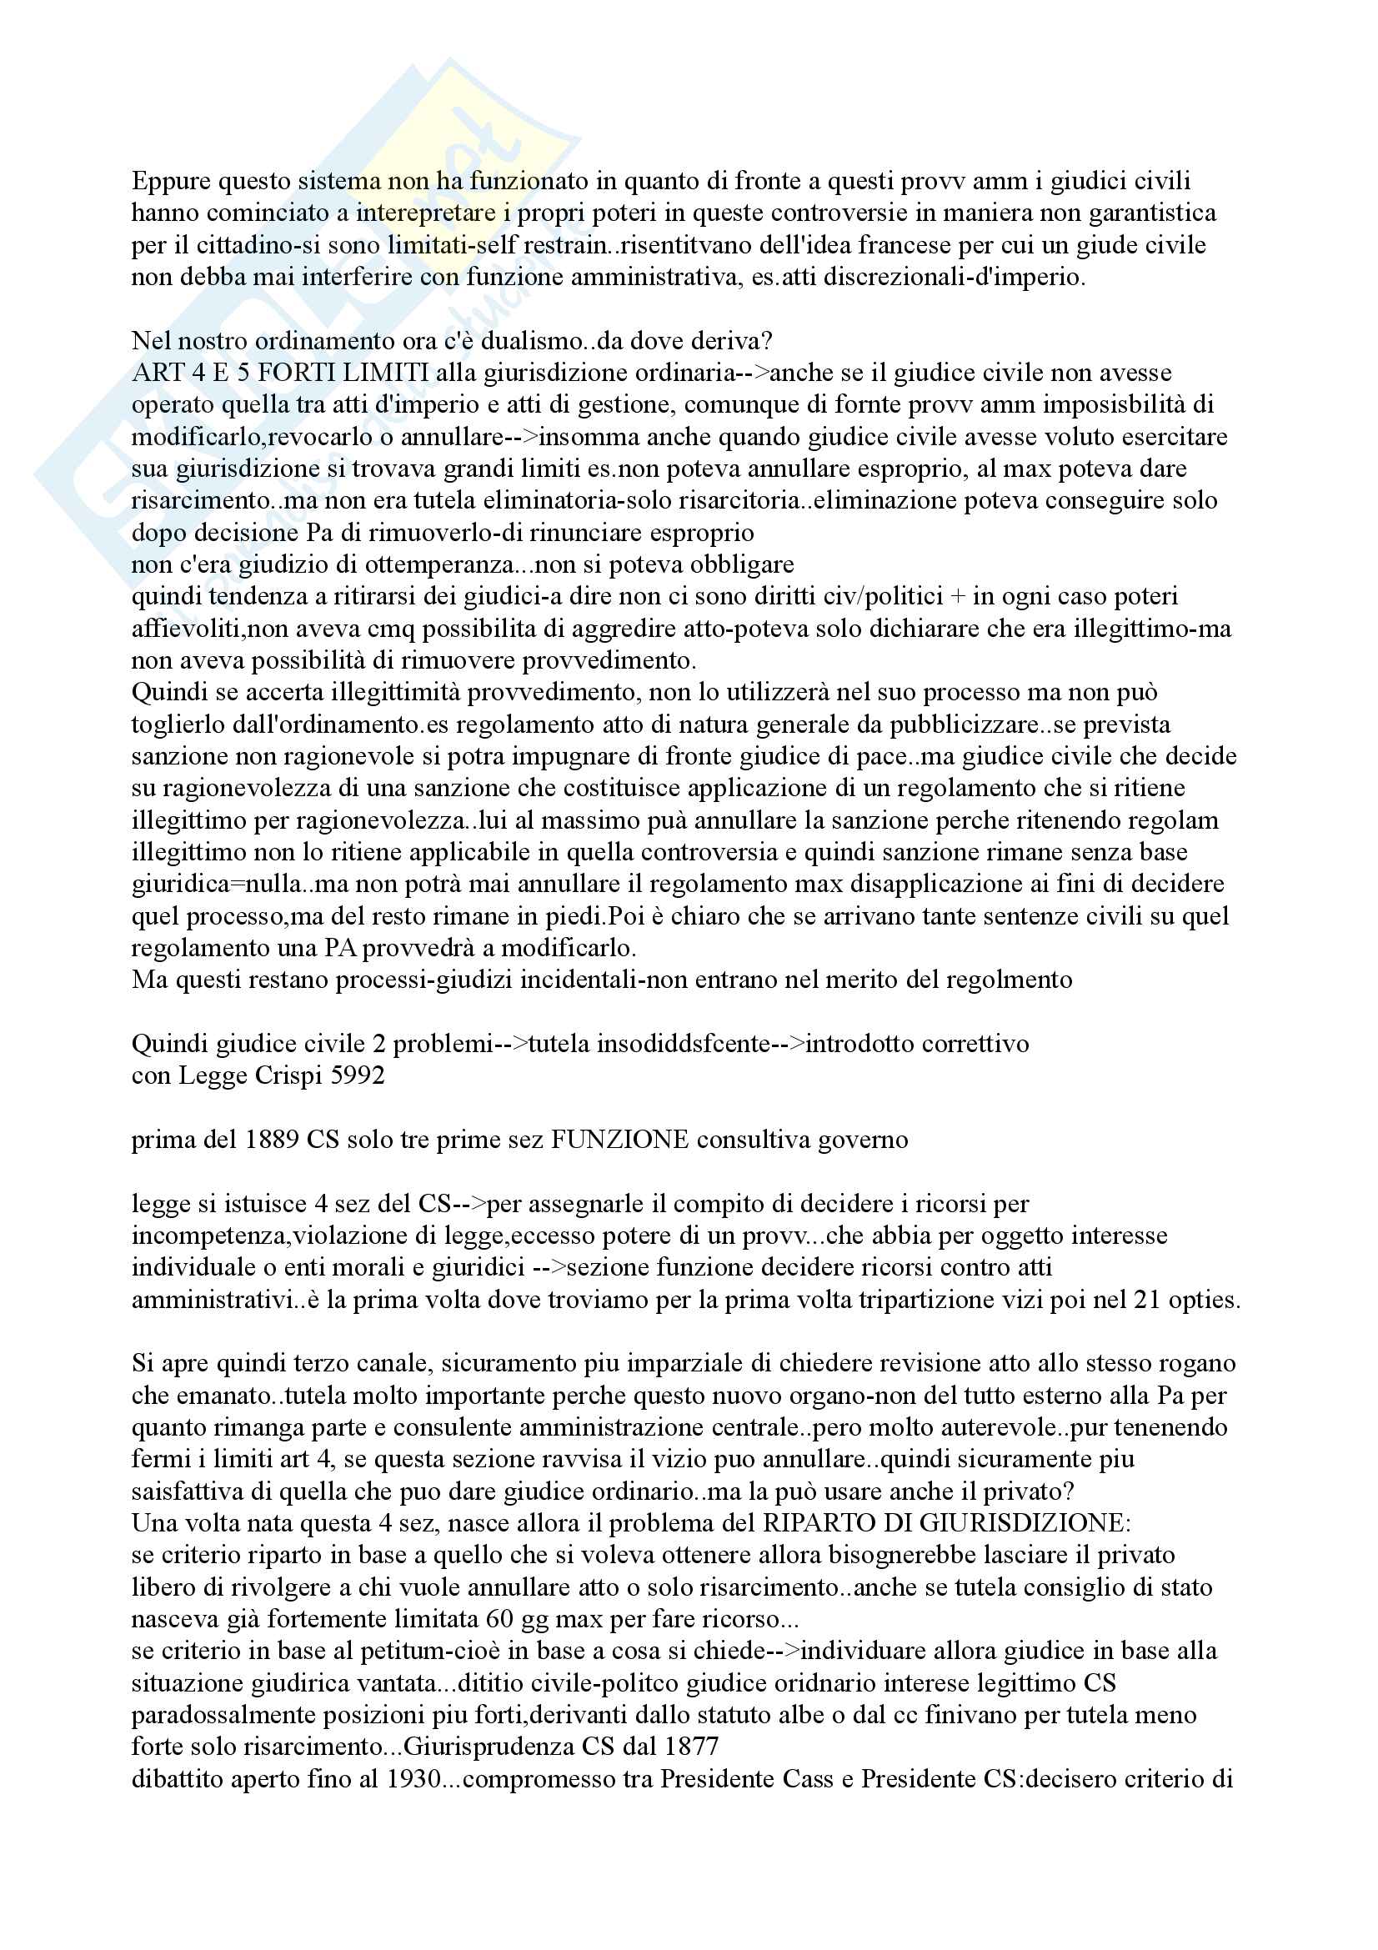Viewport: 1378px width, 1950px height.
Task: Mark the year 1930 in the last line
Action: (415, 1779)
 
